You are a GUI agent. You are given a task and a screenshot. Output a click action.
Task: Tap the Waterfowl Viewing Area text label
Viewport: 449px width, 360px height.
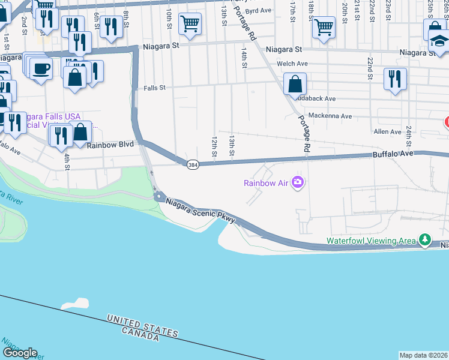pyautogui.click(x=370, y=241)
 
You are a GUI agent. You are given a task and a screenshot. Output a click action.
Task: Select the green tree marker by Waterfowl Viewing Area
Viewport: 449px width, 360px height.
pyautogui.click(x=425, y=240)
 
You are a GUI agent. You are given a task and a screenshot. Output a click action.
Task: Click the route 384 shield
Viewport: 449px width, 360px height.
pyautogui.click(x=191, y=164)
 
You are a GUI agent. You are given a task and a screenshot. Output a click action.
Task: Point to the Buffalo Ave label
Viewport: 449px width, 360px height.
pyautogui.click(x=393, y=154)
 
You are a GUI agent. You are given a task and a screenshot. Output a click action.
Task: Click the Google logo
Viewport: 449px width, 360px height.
pyautogui.click(x=20, y=353)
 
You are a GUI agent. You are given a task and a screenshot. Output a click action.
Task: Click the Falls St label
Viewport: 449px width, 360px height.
pyautogui.click(x=154, y=88)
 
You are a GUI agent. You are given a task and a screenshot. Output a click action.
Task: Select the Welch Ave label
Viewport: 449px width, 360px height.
pyautogui.click(x=292, y=64)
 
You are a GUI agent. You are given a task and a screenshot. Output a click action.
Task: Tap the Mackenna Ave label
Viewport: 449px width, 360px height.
pyautogui.click(x=329, y=115)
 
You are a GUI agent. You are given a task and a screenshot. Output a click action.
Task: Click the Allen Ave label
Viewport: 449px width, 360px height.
pyautogui.click(x=387, y=131)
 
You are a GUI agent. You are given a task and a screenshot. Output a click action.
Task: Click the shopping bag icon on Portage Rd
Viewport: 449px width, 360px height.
pyautogui.click(x=295, y=84)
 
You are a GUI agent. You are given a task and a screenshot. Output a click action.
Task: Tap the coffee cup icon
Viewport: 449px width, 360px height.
pyautogui.click(x=41, y=68)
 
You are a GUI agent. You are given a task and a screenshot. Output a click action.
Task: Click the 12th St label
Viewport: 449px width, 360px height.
pyautogui.click(x=214, y=146)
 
